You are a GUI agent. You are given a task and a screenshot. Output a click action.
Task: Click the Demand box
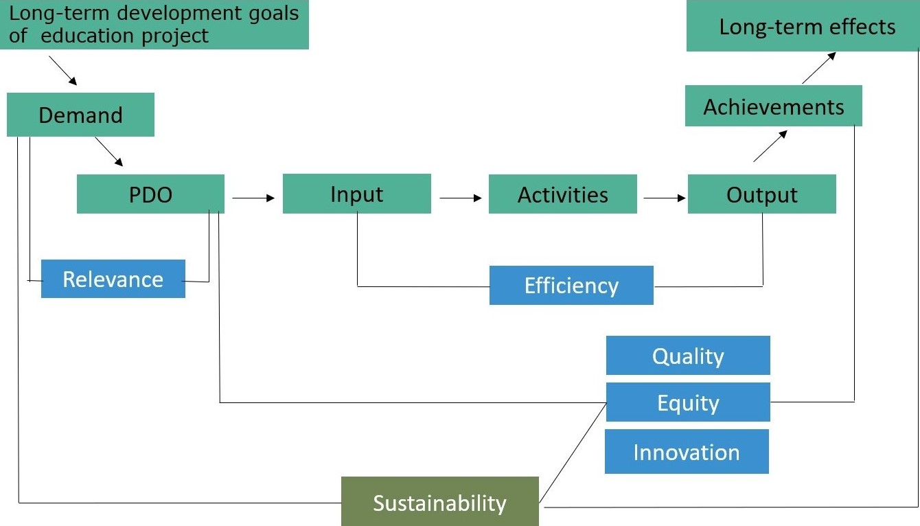point(80,115)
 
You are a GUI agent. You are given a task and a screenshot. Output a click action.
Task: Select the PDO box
point(151,194)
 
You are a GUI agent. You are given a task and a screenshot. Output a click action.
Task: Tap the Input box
point(357,194)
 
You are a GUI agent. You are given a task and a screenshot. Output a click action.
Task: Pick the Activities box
point(563,194)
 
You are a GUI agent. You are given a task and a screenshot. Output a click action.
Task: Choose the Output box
point(762,194)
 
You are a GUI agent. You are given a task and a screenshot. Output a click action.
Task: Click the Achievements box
point(774,106)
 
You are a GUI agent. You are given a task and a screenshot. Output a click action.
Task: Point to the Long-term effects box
point(803,25)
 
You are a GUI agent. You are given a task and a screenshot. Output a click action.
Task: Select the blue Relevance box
point(113,279)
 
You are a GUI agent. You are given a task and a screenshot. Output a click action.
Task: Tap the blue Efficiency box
point(571,285)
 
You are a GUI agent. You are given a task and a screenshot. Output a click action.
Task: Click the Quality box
point(688,356)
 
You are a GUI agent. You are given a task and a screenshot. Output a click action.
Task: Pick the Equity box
point(688,402)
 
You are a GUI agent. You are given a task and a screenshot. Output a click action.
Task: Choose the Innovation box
point(687,452)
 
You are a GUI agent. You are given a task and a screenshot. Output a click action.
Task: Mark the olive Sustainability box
point(440,501)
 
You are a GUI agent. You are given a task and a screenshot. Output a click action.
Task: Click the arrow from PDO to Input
point(253,198)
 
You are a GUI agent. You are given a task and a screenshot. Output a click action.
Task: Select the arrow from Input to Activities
point(461,198)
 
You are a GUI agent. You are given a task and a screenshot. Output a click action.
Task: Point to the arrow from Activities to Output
point(665,198)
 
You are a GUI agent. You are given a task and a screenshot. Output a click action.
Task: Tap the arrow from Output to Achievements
point(770,146)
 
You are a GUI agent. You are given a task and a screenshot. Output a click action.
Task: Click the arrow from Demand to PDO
point(109,152)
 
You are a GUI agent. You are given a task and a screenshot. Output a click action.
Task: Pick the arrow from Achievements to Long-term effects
point(819,68)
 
